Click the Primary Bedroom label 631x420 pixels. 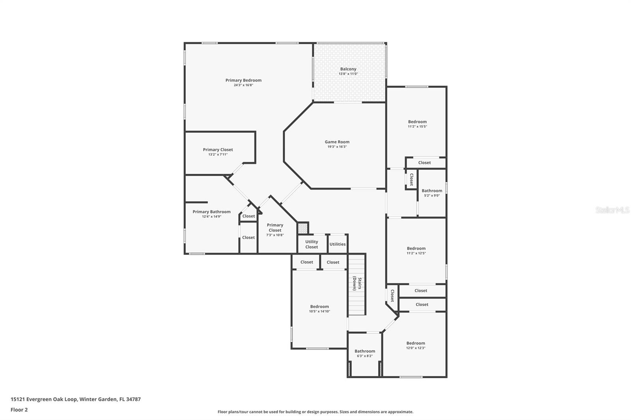(243, 80)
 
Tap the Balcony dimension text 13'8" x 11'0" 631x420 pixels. (348, 74)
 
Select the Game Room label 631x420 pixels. (337, 142)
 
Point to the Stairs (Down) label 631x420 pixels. (357, 283)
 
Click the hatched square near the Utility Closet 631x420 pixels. (302, 228)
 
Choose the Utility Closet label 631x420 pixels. (312, 244)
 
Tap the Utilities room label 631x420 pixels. (338, 244)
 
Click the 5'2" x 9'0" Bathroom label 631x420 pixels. (432, 191)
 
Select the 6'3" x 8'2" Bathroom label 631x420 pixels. (365, 351)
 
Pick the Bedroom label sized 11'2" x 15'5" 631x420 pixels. (417, 122)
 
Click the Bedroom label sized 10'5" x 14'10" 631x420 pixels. (319, 306)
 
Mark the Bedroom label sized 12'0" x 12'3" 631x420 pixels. (416, 343)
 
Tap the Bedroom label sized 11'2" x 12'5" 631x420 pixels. (416, 248)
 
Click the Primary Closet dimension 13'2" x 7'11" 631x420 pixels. (218, 154)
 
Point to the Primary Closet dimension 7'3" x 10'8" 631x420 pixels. (275, 235)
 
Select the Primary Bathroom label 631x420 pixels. (211, 212)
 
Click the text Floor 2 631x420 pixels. (19, 410)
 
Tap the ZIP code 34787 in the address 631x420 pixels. (133, 399)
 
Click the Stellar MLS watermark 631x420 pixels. (612, 210)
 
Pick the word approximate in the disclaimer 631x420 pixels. (401, 412)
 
